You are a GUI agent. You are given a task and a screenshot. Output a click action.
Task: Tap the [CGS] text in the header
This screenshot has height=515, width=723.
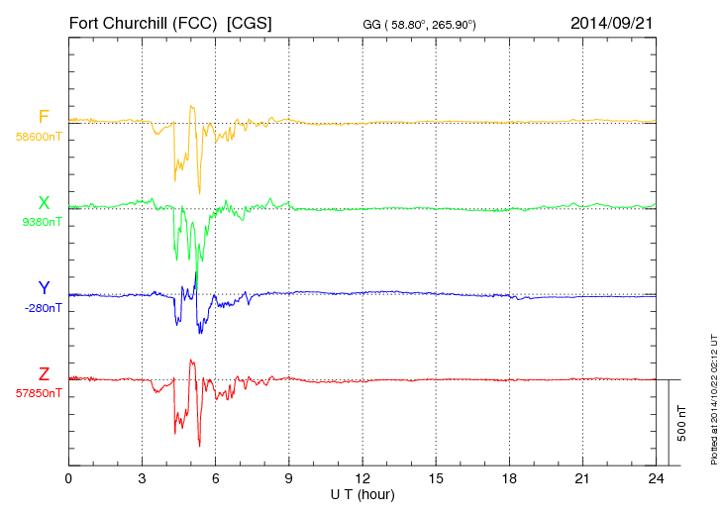(250, 22)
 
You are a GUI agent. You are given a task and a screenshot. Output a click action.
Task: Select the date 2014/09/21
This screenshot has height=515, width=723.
(612, 22)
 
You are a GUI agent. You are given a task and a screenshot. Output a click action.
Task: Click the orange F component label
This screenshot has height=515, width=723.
(44, 117)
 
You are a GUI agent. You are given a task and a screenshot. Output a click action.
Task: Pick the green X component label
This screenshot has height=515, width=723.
(44, 203)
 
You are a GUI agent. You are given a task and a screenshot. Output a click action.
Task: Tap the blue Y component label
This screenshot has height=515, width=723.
(44, 288)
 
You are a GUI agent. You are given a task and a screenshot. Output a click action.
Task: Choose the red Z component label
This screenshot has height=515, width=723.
(44, 373)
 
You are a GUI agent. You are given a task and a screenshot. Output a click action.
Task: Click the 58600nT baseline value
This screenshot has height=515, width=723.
(39, 137)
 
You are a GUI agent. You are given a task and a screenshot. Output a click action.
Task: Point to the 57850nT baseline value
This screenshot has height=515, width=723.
(39, 393)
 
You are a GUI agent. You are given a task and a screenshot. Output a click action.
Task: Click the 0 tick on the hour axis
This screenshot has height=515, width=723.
(68, 478)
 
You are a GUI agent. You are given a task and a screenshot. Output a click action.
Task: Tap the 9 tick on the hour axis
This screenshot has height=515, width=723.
(289, 478)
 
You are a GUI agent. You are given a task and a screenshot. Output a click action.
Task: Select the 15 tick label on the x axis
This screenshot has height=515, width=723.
(436, 478)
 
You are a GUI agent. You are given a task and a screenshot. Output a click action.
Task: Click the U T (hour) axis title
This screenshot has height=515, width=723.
(362, 493)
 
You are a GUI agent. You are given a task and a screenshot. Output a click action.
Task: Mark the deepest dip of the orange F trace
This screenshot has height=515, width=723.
(199, 192)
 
